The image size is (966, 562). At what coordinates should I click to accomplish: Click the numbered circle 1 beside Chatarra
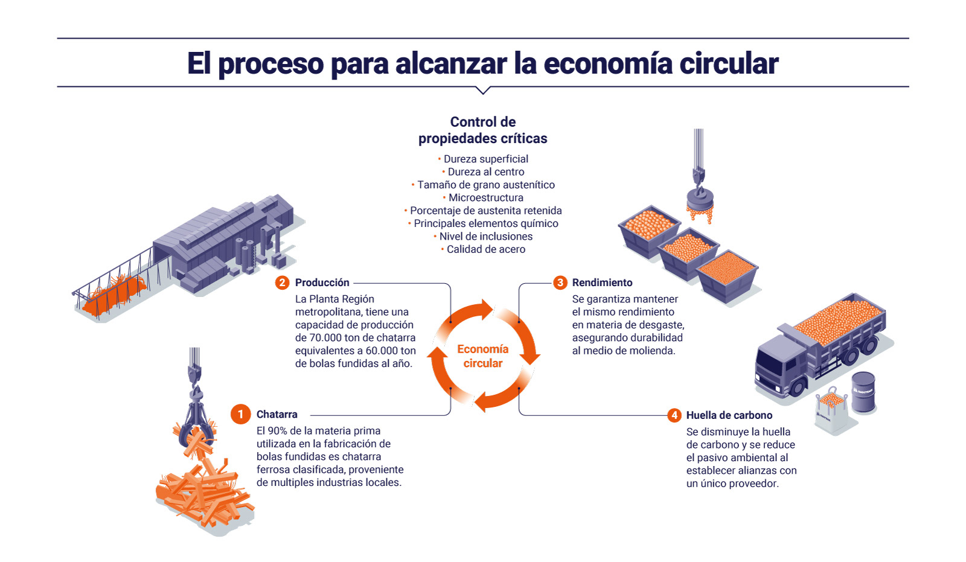(x=240, y=414)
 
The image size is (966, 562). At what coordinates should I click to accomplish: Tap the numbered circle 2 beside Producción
(x=282, y=283)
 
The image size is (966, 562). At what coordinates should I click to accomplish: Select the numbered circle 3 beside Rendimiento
(x=560, y=283)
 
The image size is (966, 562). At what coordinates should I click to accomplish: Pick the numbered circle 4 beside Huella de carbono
(x=674, y=415)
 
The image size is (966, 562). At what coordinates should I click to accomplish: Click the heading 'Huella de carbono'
(x=729, y=415)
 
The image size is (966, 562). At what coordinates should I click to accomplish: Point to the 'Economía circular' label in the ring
(x=482, y=356)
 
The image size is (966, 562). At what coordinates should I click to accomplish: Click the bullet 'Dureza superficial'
(x=485, y=159)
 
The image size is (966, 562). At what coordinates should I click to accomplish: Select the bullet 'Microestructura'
(x=485, y=197)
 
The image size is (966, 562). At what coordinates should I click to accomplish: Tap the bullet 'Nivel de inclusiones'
(x=485, y=236)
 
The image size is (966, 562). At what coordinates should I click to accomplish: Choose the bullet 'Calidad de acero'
(x=485, y=249)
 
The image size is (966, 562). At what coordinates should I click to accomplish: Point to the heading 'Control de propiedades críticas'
(x=482, y=130)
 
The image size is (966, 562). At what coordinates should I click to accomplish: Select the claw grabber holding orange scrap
(x=195, y=417)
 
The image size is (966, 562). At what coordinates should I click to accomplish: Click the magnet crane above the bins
(x=700, y=193)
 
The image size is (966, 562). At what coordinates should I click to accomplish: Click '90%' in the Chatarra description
(x=277, y=431)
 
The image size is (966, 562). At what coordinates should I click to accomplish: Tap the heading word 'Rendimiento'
(x=602, y=283)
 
